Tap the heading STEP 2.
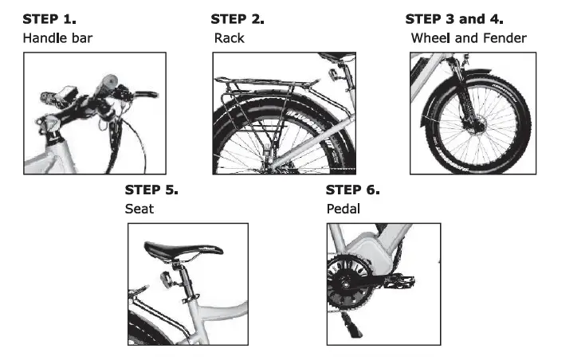[x=238, y=18]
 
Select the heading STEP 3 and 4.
[x=454, y=18]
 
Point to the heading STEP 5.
[x=151, y=190]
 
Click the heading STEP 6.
[x=353, y=190]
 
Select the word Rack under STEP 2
[x=229, y=37]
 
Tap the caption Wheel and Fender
[x=469, y=37]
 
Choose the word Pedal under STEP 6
[x=344, y=209]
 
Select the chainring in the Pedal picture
[x=349, y=283]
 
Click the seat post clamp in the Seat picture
[x=192, y=300]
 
